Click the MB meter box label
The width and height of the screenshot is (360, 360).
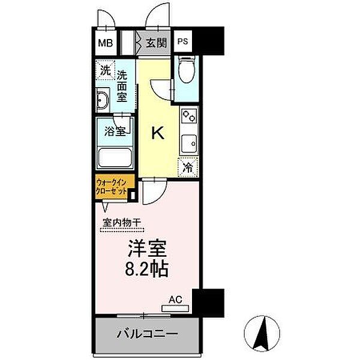click(x=105, y=43)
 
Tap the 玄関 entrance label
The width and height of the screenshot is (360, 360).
click(x=158, y=43)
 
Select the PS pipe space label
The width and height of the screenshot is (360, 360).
click(x=182, y=43)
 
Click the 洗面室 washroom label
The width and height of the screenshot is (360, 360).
click(x=122, y=86)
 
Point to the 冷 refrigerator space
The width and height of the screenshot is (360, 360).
click(x=187, y=167)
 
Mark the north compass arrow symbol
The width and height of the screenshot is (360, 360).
click(x=263, y=336)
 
